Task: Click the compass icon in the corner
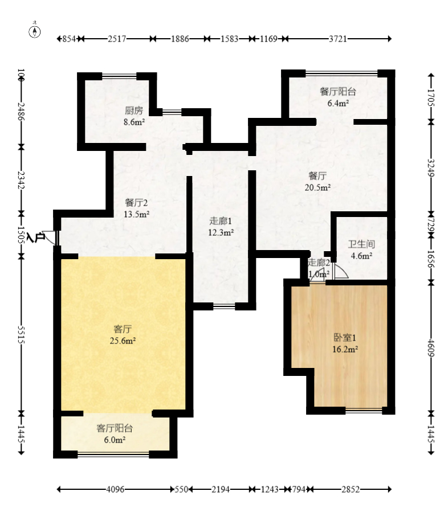tap(35, 31)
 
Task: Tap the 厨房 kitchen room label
tap(134, 110)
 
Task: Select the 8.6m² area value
tap(134, 122)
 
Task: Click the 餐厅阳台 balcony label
tap(338, 91)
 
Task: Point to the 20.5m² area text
tap(317, 187)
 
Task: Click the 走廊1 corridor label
tap(221, 221)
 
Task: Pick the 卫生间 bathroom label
tap(361, 244)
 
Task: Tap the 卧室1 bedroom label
tap(345, 337)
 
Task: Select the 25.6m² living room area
tap(123, 341)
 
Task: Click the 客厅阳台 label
tap(115, 428)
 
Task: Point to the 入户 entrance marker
tap(36, 238)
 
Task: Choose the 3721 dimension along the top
tap(338, 39)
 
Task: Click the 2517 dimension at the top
tap(117, 39)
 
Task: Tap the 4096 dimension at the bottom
tap(116, 489)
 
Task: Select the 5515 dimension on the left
tap(21, 334)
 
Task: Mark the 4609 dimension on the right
tap(431, 348)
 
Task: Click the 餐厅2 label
tap(136, 203)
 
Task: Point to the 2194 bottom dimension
tap(221, 489)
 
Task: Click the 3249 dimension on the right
tap(431, 167)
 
